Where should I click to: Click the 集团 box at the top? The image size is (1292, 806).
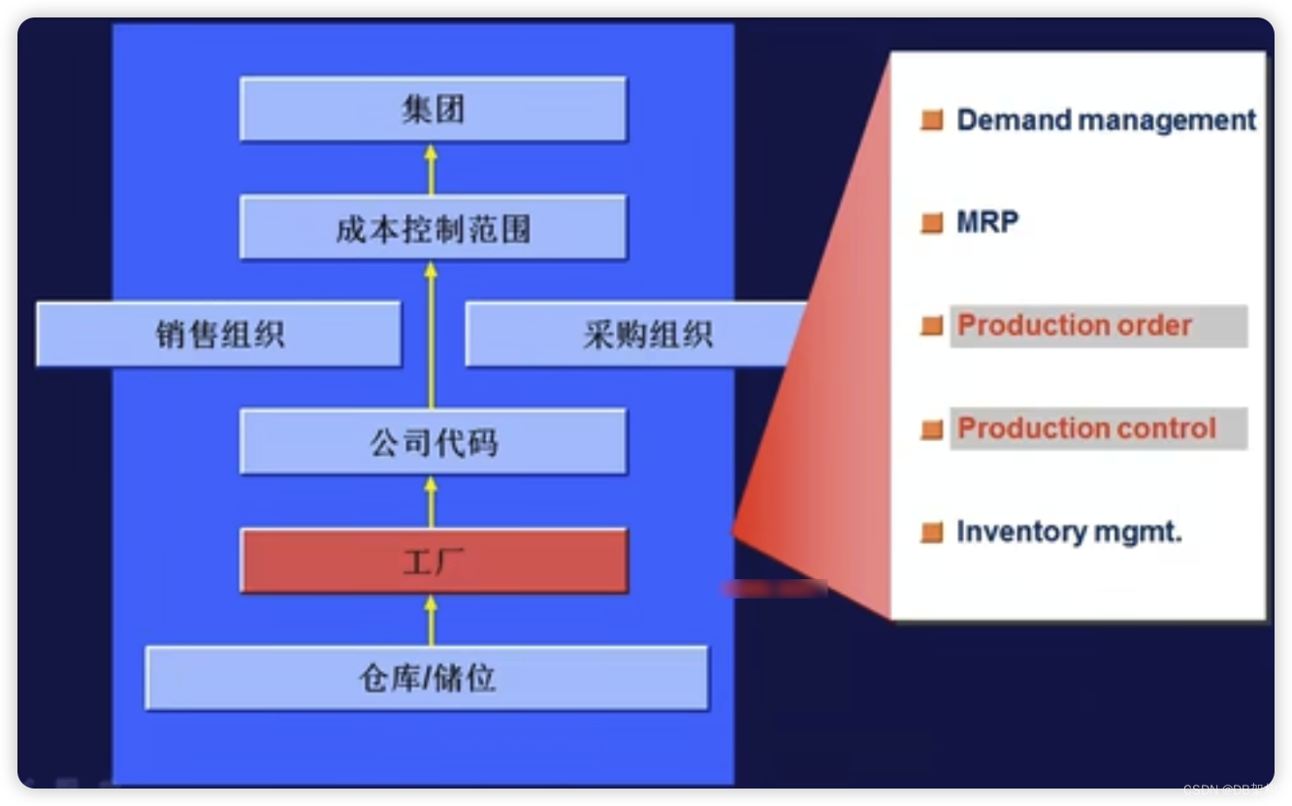433,110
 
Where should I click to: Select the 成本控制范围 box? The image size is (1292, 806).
433,228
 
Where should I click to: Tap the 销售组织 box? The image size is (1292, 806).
219,335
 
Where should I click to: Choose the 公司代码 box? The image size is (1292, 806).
433,442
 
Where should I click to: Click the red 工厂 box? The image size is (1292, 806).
433,561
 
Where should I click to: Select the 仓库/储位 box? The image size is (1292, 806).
427,678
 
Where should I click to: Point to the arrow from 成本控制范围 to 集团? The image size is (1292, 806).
432,169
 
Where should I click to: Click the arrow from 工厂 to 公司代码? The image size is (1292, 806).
432,500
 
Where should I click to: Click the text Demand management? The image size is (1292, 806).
1106,120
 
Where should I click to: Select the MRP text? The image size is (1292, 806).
987,222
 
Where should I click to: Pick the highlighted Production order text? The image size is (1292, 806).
1075,326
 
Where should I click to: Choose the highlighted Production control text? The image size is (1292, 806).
1086,429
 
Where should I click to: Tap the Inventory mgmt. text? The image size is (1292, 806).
1069,532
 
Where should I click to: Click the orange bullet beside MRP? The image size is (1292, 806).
932,223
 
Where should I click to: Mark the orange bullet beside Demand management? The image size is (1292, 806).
932,120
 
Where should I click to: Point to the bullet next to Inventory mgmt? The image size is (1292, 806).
932,532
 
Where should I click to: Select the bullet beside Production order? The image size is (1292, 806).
932,326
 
